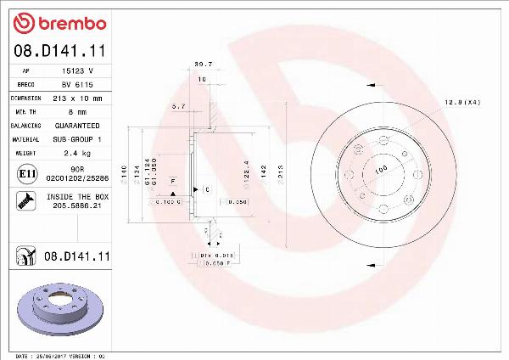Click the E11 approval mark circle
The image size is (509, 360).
click(25, 175)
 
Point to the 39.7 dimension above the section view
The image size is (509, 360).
click(204, 64)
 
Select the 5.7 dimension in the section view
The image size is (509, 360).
click(178, 106)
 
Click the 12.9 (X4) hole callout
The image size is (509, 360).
click(462, 103)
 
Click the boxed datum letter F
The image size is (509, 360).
click(172, 182)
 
